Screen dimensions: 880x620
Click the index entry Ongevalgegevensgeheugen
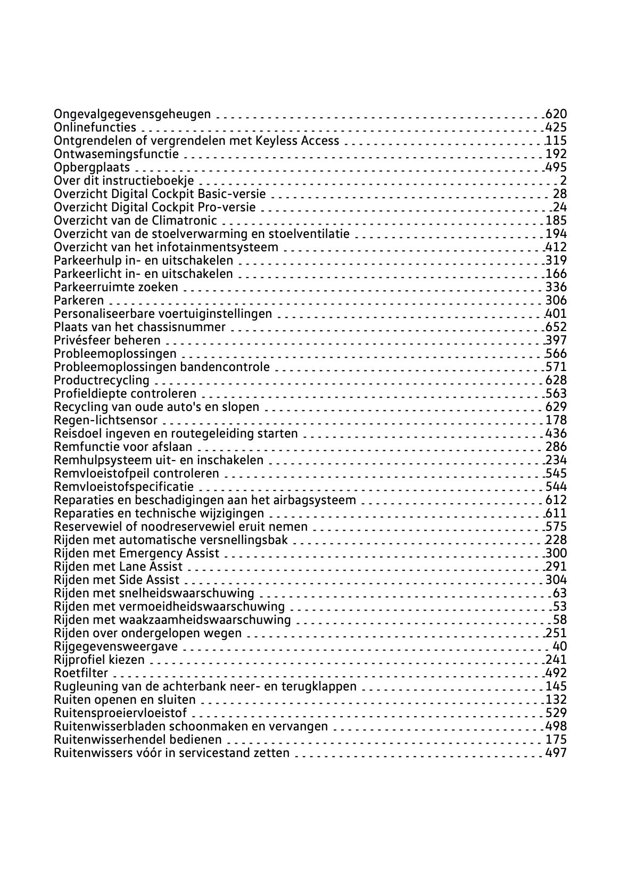click(x=132, y=114)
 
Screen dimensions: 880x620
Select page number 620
click(x=556, y=114)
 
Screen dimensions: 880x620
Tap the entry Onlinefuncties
click(x=95, y=127)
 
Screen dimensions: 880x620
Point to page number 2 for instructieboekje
click(x=563, y=180)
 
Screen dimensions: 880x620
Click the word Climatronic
click(x=184, y=220)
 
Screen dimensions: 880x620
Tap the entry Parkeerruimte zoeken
click(x=116, y=287)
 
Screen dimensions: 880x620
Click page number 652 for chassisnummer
click(x=556, y=327)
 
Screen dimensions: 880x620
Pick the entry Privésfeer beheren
click(x=107, y=340)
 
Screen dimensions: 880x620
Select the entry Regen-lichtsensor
click(x=105, y=420)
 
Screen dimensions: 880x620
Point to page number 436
click(x=556, y=433)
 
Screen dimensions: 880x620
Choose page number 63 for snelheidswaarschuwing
click(x=560, y=593)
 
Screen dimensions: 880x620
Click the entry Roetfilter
click(x=81, y=673)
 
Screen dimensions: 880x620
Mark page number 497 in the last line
click(x=556, y=753)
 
